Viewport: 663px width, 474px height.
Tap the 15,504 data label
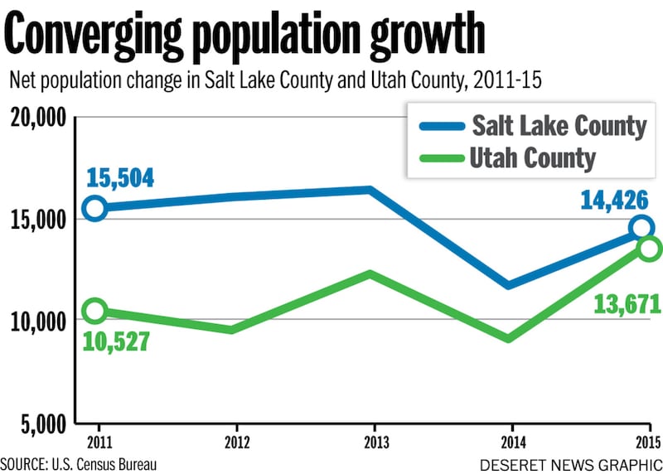[x=120, y=177]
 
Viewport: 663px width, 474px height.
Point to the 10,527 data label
[x=115, y=341]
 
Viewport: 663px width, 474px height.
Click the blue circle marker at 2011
[x=95, y=208]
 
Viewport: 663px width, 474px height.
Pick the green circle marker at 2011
[x=95, y=311]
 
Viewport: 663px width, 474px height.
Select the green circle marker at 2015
[x=648, y=249]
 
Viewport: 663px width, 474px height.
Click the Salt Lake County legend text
[x=559, y=126]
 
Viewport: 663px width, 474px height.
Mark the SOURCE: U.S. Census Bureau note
[x=79, y=462]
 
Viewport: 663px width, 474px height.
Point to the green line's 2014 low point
[x=507, y=338]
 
